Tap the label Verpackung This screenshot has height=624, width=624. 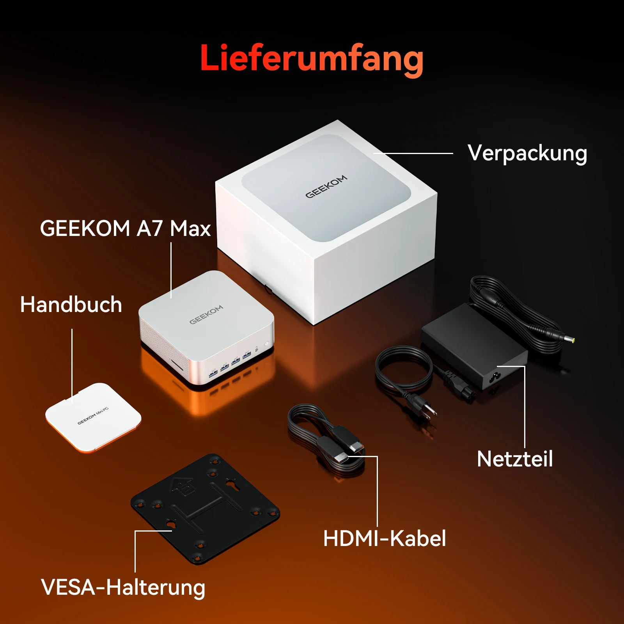pyautogui.click(x=527, y=154)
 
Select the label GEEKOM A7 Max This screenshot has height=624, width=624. pyautogui.click(x=125, y=229)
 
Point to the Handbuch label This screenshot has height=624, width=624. pyautogui.click(x=71, y=305)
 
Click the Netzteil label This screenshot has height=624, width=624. pyautogui.click(x=515, y=459)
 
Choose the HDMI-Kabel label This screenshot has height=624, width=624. pyautogui.click(x=385, y=539)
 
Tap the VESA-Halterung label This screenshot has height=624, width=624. pyautogui.click(x=123, y=588)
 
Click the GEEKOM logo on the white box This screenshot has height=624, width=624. pyautogui.click(x=326, y=186)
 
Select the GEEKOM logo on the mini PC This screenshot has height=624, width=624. pyautogui.click(x=206, y=314)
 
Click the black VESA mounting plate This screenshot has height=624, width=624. pyautogui.click(x=205, y=509)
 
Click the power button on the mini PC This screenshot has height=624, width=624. pyautogui.click(x=267, y=344)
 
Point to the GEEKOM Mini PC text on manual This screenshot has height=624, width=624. pyautogui.click(x=93, y=416)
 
